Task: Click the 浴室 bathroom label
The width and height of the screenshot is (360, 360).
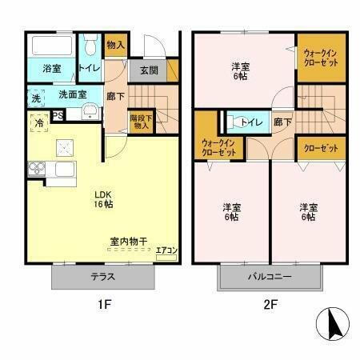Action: tap(51, 69)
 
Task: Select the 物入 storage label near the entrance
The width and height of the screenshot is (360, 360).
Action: tap(116, 46)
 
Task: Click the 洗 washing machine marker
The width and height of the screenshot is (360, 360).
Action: tap(36, 98)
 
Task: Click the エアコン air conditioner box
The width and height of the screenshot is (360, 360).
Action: tap(166, 250)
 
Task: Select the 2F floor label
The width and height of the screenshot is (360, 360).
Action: tap(270, 304)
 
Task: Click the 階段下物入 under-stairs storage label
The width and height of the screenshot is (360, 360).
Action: tap(142, 121)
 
